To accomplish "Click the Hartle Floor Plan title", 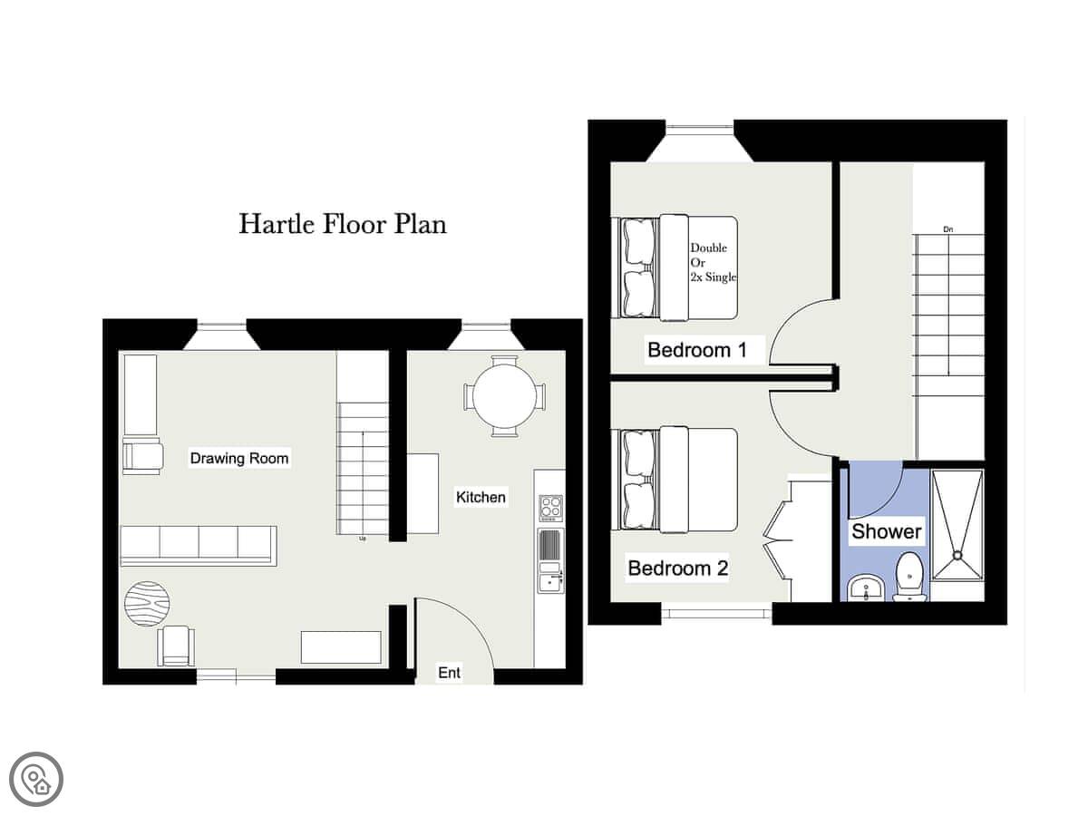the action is point(343,224).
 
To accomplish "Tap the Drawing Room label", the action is point(239,458).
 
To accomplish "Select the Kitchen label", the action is point(481,497).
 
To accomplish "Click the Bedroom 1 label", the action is point(697,350).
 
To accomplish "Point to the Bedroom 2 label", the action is point(678,568).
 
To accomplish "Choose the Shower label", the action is point(886,531).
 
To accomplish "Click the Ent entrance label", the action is point(449,673).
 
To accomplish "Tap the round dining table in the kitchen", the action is point(505,396).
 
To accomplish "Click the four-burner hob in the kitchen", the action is point(551,508).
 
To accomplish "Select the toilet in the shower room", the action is point(910,577).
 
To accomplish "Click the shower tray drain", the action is point(957,555).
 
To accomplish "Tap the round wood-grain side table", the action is point(147,604).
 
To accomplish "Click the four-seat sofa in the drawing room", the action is point(199,546).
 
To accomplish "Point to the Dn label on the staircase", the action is point(947,229).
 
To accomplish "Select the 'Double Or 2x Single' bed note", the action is point(714,262).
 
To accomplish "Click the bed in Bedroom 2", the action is point(677,481).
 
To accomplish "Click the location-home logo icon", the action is point(36,780).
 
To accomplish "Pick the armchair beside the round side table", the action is point(176,646).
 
